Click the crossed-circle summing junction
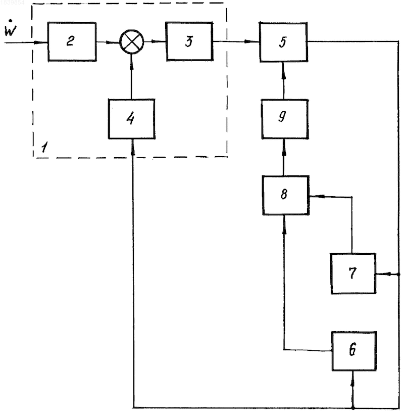(x=132, y=42)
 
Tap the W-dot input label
(x=11, y=28)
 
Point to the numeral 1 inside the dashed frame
(x=44, y=147)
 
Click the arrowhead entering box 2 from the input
(x=40, y=42)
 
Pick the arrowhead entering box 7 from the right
(x=382, y=274)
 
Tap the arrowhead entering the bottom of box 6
(x=353, y=377)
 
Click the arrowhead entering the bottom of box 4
(x=133, y=146)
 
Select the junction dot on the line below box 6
(x=353, y=408)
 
